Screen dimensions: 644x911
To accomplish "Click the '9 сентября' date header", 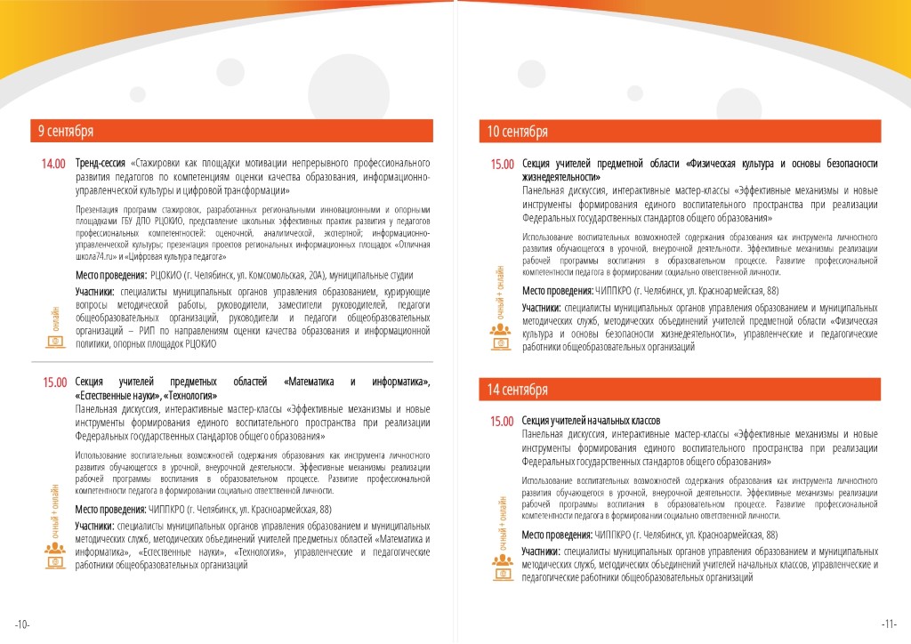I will (x=65, y=132).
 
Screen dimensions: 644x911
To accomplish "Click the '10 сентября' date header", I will (x=518, y=133).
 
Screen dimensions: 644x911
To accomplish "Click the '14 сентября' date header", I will (x=517, y=390).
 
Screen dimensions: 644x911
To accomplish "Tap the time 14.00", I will (x=53, y=165).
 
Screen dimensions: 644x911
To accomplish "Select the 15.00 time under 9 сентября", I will (x=55, y=382).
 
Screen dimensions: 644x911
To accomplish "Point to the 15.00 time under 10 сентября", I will (x=503, y=165).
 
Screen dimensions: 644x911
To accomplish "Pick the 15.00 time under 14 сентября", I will (x=503, y=422).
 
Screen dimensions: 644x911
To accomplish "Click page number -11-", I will (x=889, y=623).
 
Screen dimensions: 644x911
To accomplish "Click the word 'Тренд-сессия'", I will (x=101, y=164).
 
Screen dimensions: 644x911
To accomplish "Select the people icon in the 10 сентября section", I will (x=501, y=333).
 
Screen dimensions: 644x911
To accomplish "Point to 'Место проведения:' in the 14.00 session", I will (x=111, y=276).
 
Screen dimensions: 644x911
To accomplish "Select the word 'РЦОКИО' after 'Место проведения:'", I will (x=169, y=276).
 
